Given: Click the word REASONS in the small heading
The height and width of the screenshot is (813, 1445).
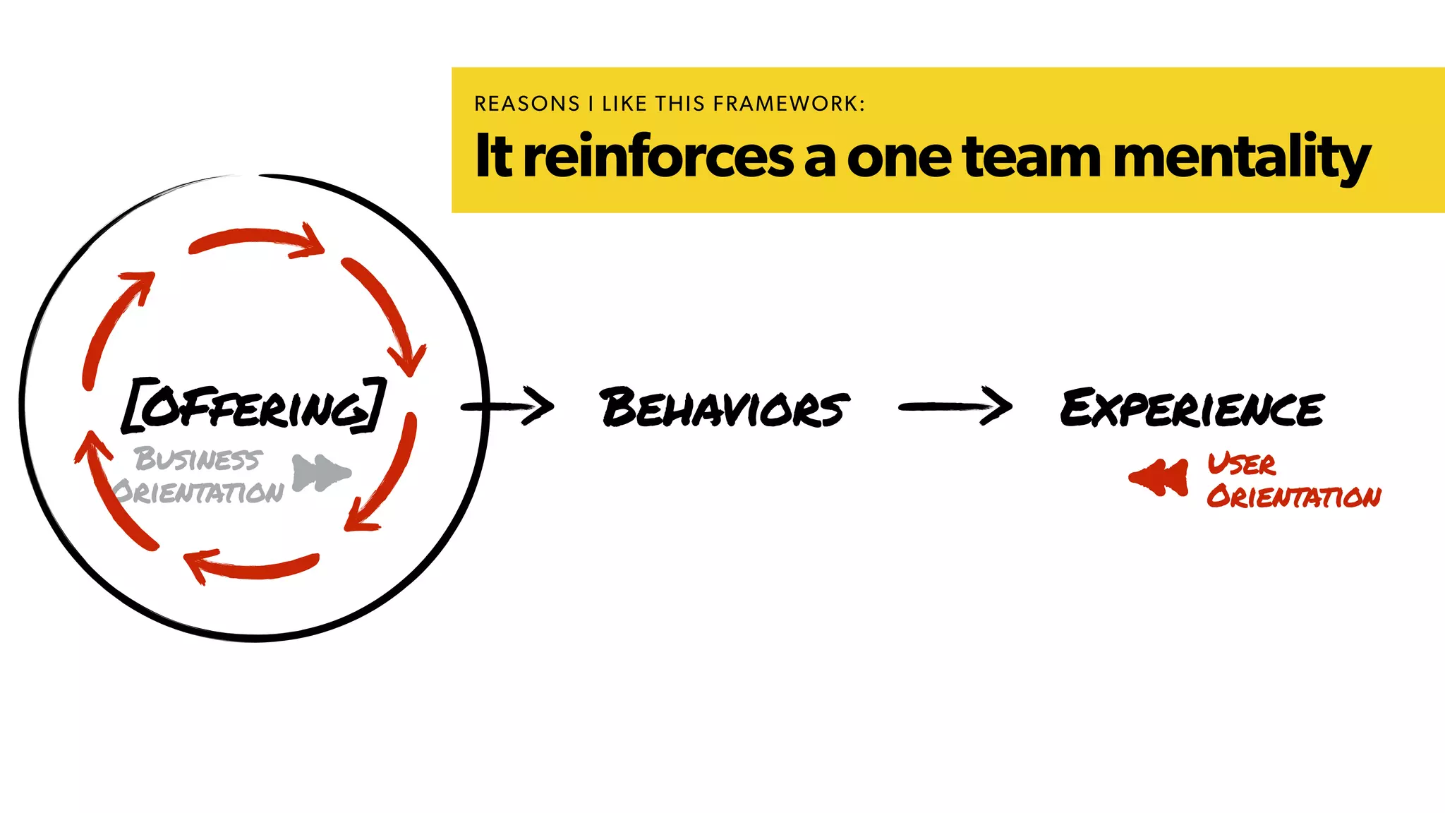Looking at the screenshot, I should (526, 104).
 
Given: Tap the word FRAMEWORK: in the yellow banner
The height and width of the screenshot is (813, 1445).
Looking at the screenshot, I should (789, 104).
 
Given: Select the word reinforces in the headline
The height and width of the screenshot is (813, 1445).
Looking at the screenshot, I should (659, 156).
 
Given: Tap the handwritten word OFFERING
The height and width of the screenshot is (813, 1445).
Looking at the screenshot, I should (255, 406).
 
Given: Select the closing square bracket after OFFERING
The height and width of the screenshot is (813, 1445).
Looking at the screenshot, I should (375, 405).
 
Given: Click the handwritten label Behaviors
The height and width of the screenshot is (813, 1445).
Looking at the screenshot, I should (724, 407).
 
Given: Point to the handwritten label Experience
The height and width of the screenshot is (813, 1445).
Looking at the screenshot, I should (1192, 407).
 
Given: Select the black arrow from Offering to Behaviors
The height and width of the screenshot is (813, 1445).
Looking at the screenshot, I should (508, 406).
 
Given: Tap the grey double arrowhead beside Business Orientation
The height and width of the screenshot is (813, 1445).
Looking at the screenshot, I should (320, 472).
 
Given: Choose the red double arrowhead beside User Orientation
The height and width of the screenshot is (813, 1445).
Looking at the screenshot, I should (1160, 477).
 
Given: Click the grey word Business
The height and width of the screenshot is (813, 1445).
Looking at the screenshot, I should (198, 459).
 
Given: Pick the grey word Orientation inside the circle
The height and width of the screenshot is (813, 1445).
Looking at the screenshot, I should (198, 492).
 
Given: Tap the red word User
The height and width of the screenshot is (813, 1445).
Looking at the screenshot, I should (1241, 464).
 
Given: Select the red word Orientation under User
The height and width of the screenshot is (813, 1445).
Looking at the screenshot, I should (1293, 497).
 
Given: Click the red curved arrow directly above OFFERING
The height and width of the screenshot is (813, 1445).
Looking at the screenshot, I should (255, 240).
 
